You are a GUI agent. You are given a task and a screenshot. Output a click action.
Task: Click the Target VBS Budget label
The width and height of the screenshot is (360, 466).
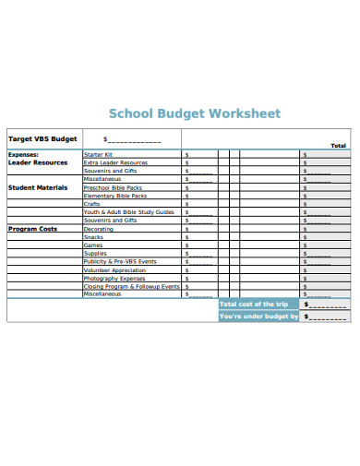(x=43, y=138)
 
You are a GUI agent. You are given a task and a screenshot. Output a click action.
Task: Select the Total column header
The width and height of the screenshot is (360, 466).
(x=338, y=146)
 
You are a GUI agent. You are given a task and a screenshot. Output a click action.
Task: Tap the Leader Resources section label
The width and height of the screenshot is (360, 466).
(x=38, y=162)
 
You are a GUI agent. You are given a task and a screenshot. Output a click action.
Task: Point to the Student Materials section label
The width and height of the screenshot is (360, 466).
(x=39, y=187)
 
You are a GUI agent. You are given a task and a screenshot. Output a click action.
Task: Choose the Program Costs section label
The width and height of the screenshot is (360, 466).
(x=32, y=229)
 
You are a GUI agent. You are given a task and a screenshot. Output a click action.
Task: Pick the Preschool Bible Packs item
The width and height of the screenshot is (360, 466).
(x=114, y=187)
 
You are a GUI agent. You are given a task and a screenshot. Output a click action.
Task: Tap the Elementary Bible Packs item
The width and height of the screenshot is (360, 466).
(x=114, y=196)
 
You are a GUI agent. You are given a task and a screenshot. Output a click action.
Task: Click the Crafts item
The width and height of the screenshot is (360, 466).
(x=91, y=204)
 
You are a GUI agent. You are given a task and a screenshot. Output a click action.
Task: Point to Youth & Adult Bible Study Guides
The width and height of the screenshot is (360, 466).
(x=128, y=212)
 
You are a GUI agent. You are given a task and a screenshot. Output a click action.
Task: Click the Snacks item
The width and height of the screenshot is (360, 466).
(x=93, y=237)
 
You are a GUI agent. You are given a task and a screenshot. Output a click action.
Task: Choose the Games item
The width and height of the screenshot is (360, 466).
(x=92, y=245)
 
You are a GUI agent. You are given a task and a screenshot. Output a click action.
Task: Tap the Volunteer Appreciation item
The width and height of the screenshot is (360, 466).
(x=114, y=270)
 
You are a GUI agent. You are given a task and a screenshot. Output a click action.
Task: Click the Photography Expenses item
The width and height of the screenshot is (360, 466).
(x=114, y=279)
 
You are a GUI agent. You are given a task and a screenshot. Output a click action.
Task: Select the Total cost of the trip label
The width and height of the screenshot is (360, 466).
(x=254, y=304)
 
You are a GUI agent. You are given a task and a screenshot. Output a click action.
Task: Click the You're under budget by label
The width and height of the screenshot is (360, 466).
(x=258, y=317)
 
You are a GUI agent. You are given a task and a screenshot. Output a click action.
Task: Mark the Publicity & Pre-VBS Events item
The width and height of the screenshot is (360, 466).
(x=120, y=262)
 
